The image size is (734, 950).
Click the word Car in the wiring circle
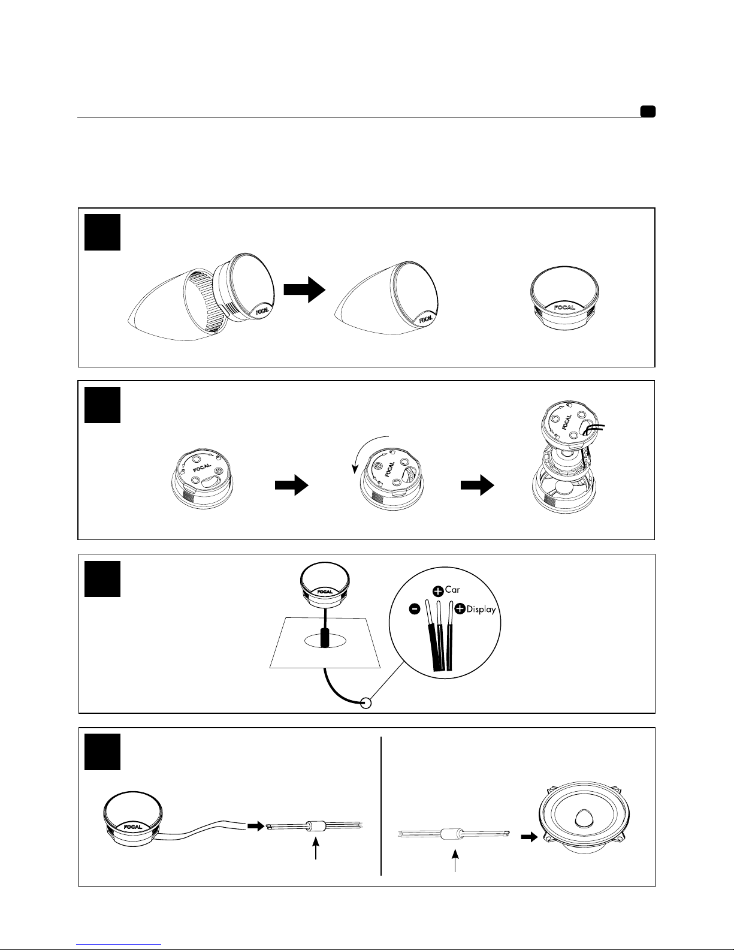[452, 589]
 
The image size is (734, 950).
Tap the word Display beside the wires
[481, 609]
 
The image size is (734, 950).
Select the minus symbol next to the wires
[415, 608]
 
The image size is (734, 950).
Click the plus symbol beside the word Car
[438, 591]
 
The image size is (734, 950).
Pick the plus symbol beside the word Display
[460, 608]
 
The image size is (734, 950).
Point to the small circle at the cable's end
[366, 702]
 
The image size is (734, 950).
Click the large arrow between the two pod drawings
[304, 289]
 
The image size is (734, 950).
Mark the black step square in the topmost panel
[102, 232]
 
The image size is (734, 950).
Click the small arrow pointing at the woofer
[530, 837]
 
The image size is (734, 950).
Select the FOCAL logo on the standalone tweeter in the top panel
[564, 307]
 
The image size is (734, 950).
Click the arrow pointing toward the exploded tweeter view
[478, 485]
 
